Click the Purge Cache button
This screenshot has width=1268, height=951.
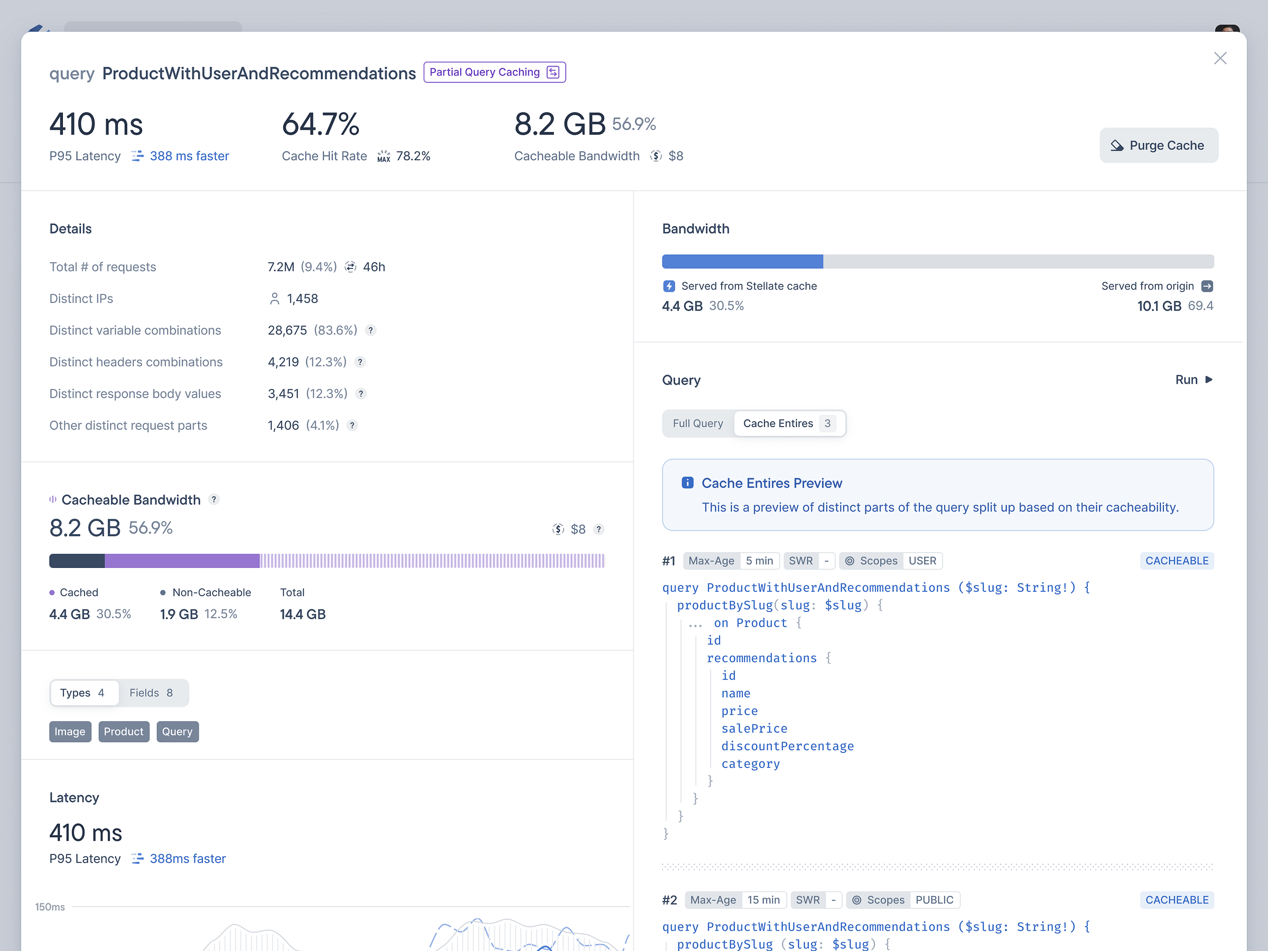pos(1158,146)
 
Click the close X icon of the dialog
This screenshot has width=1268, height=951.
pos(1220,59)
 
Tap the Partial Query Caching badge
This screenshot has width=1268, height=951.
pos(494,72)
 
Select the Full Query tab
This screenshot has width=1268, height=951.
pos(697,424)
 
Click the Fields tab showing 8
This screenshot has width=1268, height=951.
pos(151,693)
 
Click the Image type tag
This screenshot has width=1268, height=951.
pos(70,732)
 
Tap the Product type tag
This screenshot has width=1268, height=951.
pos(124,732)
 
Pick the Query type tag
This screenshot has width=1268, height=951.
pos(177,732)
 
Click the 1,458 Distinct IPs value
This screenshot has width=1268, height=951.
pos(302,299)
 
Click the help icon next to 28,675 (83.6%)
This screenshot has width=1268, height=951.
pos(371,331)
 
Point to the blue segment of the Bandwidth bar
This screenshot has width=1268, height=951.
pos(742,262)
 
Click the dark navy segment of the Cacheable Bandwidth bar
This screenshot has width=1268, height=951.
pos(77,561)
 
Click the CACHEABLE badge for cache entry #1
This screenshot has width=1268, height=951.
pos(1176,561)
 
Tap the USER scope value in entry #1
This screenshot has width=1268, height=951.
pos(922,561)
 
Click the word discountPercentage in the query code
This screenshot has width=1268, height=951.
pos(787,747)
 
